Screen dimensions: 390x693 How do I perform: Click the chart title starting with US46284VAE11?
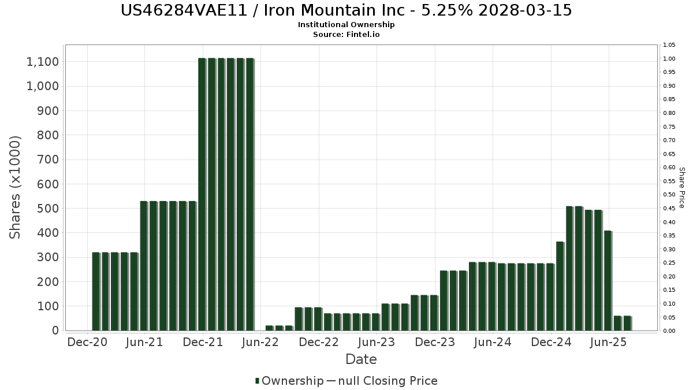point(346,10)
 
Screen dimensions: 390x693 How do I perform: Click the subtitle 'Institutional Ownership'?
point(346,25)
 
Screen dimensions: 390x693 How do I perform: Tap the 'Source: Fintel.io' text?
point(346,35)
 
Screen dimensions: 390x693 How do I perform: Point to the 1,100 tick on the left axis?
point(43,62)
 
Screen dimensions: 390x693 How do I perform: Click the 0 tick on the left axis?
point(55,330)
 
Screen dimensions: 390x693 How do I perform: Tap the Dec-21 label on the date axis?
point(203,343)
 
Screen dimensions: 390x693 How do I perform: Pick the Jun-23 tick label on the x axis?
point(377,343)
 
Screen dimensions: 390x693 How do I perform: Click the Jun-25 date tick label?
point(608,343)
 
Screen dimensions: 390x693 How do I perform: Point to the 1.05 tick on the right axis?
point(669,45)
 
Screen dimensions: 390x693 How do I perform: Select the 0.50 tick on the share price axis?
point(669,195)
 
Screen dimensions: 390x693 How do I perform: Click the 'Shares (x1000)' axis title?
point(16,187)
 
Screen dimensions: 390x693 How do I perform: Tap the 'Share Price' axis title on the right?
point(681,187)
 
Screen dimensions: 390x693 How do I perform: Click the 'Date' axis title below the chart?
point(361,359)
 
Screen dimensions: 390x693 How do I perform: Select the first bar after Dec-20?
point(96,291)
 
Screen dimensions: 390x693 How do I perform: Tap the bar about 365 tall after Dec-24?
point(560,286)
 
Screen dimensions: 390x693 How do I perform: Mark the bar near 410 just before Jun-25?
point(608,281)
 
